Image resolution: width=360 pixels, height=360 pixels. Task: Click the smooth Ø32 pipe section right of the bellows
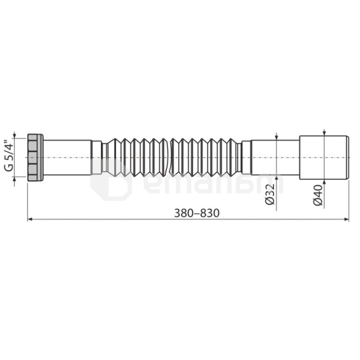point(276,157)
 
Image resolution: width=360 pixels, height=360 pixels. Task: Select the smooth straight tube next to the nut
point(67,157)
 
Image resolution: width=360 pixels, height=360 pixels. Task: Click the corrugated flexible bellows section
point(173,157)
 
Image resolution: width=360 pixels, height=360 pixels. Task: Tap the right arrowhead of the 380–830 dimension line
point(347,220)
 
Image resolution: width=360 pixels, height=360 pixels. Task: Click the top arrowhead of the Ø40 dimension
point(324,134)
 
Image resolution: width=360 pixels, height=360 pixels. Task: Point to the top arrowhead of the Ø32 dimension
point(276,137)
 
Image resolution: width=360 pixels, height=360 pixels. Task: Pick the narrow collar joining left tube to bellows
point(96,157)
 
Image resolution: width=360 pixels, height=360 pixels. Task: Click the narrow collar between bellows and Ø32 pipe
point(246,157)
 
